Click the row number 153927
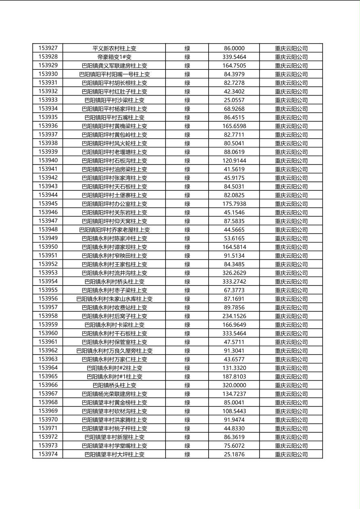point(48,48)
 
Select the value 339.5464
point(234,57)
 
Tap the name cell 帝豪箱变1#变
point(114,57)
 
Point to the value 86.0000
point(234,48)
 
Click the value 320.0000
point(234,385)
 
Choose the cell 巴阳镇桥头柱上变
point(114,385)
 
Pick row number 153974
point(48,454)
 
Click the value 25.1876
point(234,454)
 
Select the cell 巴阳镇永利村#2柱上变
point(114,368)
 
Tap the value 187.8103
point(234,376)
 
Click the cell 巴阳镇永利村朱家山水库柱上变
point(114,299)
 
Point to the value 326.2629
point(234,273)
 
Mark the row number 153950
point(48,247)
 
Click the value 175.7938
point(234,204)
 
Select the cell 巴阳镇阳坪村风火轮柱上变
point(114,143)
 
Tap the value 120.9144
point(234,161)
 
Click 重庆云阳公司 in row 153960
point(291,334)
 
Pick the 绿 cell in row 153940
point(187,161)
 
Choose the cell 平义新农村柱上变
point(114,48)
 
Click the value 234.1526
point(234,316)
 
